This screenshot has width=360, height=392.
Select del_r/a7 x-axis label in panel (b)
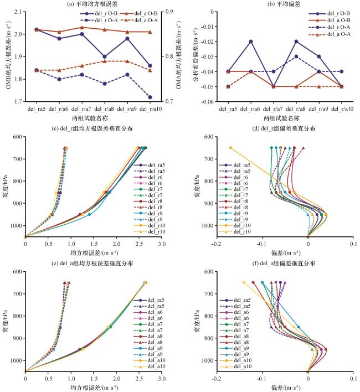[273, 109]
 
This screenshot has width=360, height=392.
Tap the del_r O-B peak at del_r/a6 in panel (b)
[250, 42]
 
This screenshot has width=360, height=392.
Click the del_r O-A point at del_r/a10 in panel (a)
[151, 97]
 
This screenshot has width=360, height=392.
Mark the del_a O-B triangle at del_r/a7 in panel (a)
[81, 27]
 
